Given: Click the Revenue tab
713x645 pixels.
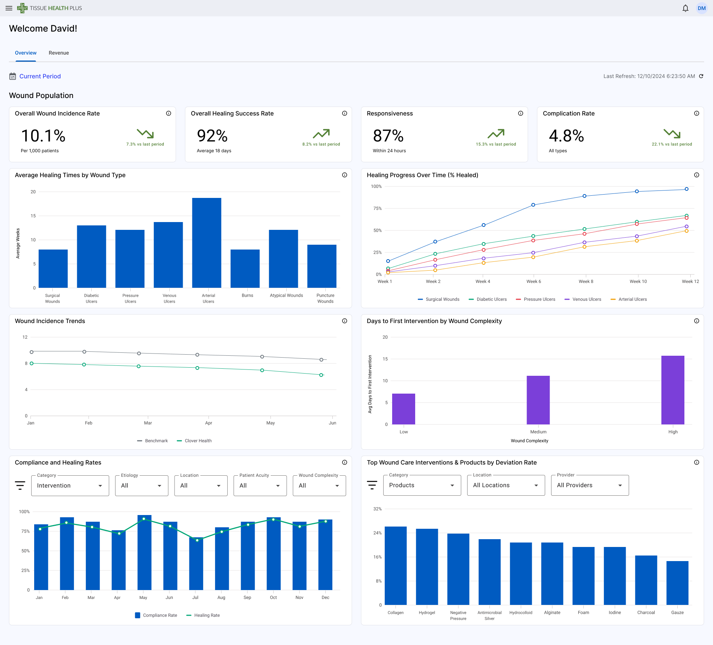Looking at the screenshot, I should [59, 53].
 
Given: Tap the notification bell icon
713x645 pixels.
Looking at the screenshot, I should [685, 8].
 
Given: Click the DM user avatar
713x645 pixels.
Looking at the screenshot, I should [701, 8].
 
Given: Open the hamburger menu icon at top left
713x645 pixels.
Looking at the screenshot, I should [9, 8].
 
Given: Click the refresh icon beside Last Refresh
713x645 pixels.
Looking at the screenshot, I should [701, 76].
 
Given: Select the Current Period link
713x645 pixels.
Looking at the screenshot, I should [40, 76].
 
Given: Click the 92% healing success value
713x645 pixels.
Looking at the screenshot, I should [212, 136].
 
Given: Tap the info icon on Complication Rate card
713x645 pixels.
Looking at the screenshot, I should [696, 113].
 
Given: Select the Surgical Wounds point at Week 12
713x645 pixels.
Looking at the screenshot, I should [686, 189].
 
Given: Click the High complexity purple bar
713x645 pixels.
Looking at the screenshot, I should [673, 390].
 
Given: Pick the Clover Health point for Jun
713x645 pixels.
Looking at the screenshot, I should [321, 375].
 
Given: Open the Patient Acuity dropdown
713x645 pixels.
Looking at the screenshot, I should [260, 486].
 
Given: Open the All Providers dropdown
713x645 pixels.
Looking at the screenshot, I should [589, 485].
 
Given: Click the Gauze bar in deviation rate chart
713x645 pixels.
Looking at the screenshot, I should [677, 583].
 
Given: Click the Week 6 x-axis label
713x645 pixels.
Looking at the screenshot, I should [533, 281].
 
